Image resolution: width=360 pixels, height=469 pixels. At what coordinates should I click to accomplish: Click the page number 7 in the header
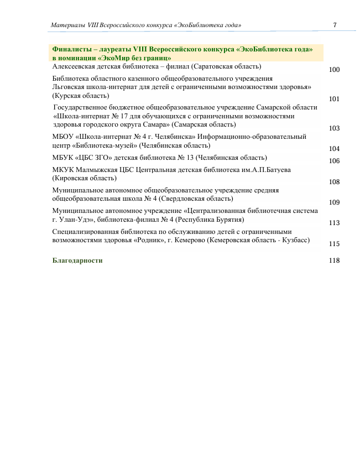click(x=335, y=25)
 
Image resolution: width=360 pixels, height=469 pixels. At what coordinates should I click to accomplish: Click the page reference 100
click(x=334, y=70)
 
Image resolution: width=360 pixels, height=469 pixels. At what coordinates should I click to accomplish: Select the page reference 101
click(x=334, y=100)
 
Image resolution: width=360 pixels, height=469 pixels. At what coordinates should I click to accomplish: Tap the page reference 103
click(x=334, y=128)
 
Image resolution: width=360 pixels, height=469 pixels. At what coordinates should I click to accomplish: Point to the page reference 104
click(x=334, y=149)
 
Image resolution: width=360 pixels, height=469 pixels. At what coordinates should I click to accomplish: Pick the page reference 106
click(x=334, y=161)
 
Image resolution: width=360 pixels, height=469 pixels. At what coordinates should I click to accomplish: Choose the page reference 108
click(x=334, y=182)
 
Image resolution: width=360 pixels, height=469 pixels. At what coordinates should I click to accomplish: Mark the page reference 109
click(x=334, y=202)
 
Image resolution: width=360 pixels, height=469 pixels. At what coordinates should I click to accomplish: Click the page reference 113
click(x=334, y=223)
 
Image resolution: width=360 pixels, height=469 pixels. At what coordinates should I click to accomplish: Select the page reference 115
click(x=334, y=243)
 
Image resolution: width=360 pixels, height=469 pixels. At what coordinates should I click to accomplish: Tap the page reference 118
click(x=334, y=260)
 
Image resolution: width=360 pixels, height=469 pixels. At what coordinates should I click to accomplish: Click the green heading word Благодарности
click(x=77, y=260)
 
